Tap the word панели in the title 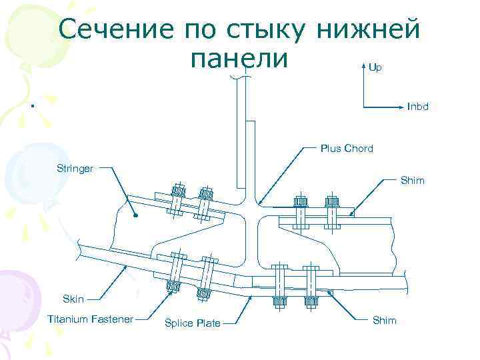[x=239, y=58]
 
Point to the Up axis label [x=375, y=68]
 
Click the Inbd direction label [x=417, y=107]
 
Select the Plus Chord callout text [x=346, y=148]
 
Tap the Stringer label [x=74, y=168]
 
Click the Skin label [x=73, y=299]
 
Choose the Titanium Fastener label [x=90, y=319]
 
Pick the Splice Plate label [x=192, y=323]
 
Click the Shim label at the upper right [x=412, y=181]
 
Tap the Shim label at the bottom [x=384, y=321]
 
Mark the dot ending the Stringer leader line [x=134, y=215]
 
